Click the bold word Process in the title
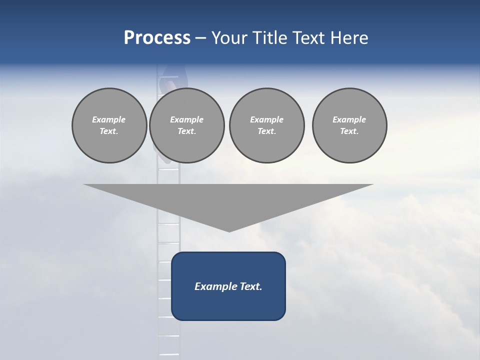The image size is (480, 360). (157, 38)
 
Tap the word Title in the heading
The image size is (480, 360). (270, 38)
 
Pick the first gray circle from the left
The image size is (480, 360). (109, 125)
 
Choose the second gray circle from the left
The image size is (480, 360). (186, 125)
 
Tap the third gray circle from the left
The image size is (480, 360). (266, 125)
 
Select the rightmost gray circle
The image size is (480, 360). (349, 125)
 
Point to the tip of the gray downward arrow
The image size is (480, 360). (229, 230)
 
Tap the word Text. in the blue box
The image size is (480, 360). (250, 286)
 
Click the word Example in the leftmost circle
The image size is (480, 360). (109, 119)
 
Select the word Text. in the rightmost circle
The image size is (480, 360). (349, 131)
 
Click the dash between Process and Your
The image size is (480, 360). (200, 38)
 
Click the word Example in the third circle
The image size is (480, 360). (266, 119)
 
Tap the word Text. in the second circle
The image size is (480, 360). (186, 131)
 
